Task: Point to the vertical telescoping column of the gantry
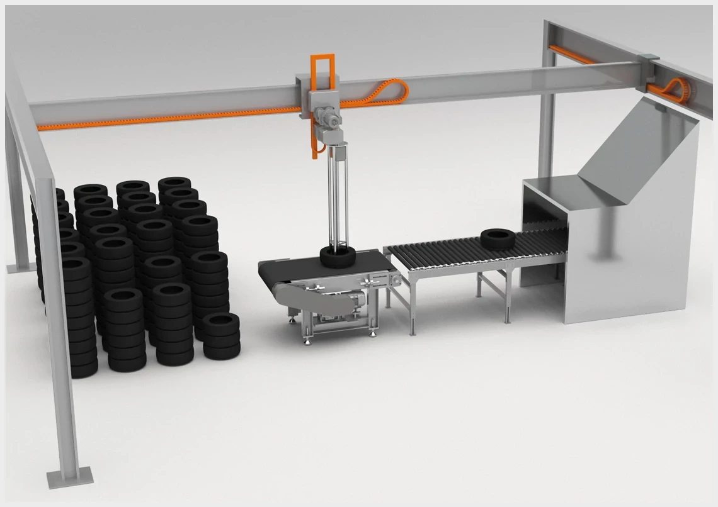[338, 195]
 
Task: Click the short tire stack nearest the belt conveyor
[221, 335]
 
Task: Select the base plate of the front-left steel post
[69, 478]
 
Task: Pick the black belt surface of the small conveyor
[296, 267]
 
